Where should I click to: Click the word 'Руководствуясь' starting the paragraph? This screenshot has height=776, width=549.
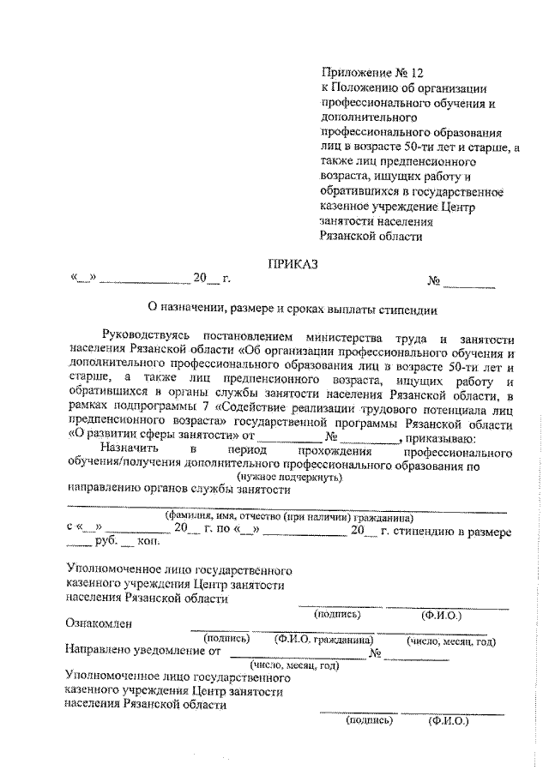coord(142,336)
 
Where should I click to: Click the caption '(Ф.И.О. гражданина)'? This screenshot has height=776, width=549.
coord(323,640)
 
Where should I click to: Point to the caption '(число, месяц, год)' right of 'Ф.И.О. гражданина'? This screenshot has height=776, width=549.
coord(452,640)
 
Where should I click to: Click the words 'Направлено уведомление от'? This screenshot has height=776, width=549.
coord(142,652)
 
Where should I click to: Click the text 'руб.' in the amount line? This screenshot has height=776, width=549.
coord(103,544)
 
